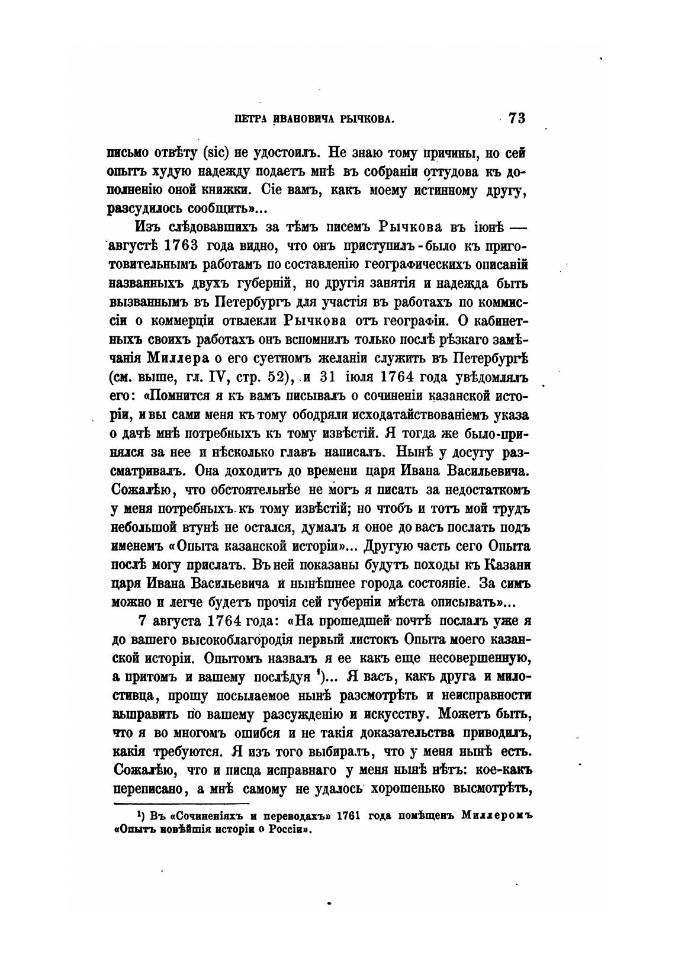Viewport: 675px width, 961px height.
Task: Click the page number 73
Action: click(516, 118)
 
